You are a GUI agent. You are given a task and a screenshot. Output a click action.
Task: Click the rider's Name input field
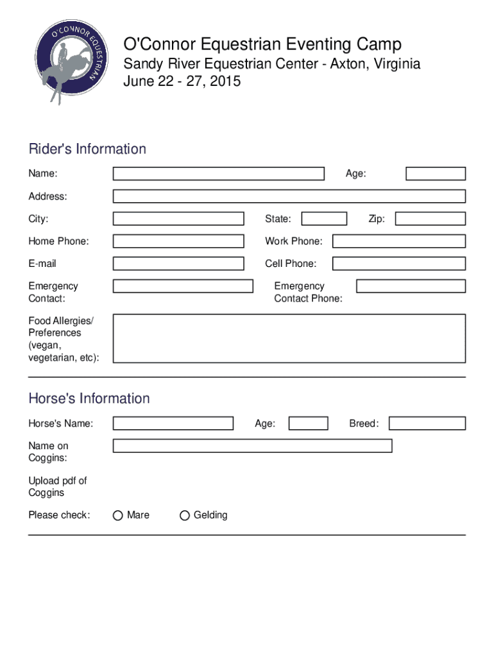[218, 173]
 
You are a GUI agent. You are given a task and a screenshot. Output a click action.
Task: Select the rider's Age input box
[436, 173]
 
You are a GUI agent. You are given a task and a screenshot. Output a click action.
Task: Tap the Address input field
[289, 196]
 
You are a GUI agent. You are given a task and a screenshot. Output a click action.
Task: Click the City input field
[178, 219]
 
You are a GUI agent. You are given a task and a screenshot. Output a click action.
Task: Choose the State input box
[324, 219]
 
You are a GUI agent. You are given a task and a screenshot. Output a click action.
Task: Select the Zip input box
[430, 219]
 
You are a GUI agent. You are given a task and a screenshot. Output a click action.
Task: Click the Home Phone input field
[178, 241]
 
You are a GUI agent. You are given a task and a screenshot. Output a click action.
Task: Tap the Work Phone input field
[398, 241]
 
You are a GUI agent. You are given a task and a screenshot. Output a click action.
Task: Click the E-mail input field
[178, 264]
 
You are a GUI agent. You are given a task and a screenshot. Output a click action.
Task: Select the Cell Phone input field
[398, 264]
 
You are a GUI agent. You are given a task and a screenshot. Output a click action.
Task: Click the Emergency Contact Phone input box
[411, 286]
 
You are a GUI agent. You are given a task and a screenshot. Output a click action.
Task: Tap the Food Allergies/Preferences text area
[289, 338]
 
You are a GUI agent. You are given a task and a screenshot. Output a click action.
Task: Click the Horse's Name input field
[173, 423]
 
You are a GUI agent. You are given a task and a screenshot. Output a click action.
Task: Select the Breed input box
[427, 423]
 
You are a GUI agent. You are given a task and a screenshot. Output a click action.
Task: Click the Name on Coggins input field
[252, 446]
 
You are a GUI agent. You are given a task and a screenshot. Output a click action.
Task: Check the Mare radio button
[118, 515]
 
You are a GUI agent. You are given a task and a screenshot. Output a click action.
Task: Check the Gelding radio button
[185, 515]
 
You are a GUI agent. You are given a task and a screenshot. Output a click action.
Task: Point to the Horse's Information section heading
[89, 398]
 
